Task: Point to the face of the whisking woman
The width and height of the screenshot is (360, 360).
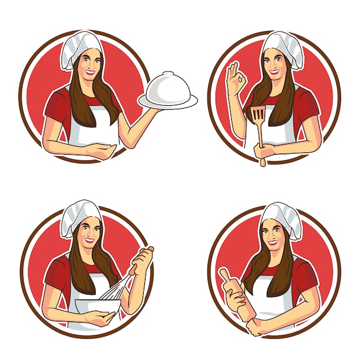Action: [x=89, y=234]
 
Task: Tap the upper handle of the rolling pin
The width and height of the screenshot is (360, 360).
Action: [x=223, y=274]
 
